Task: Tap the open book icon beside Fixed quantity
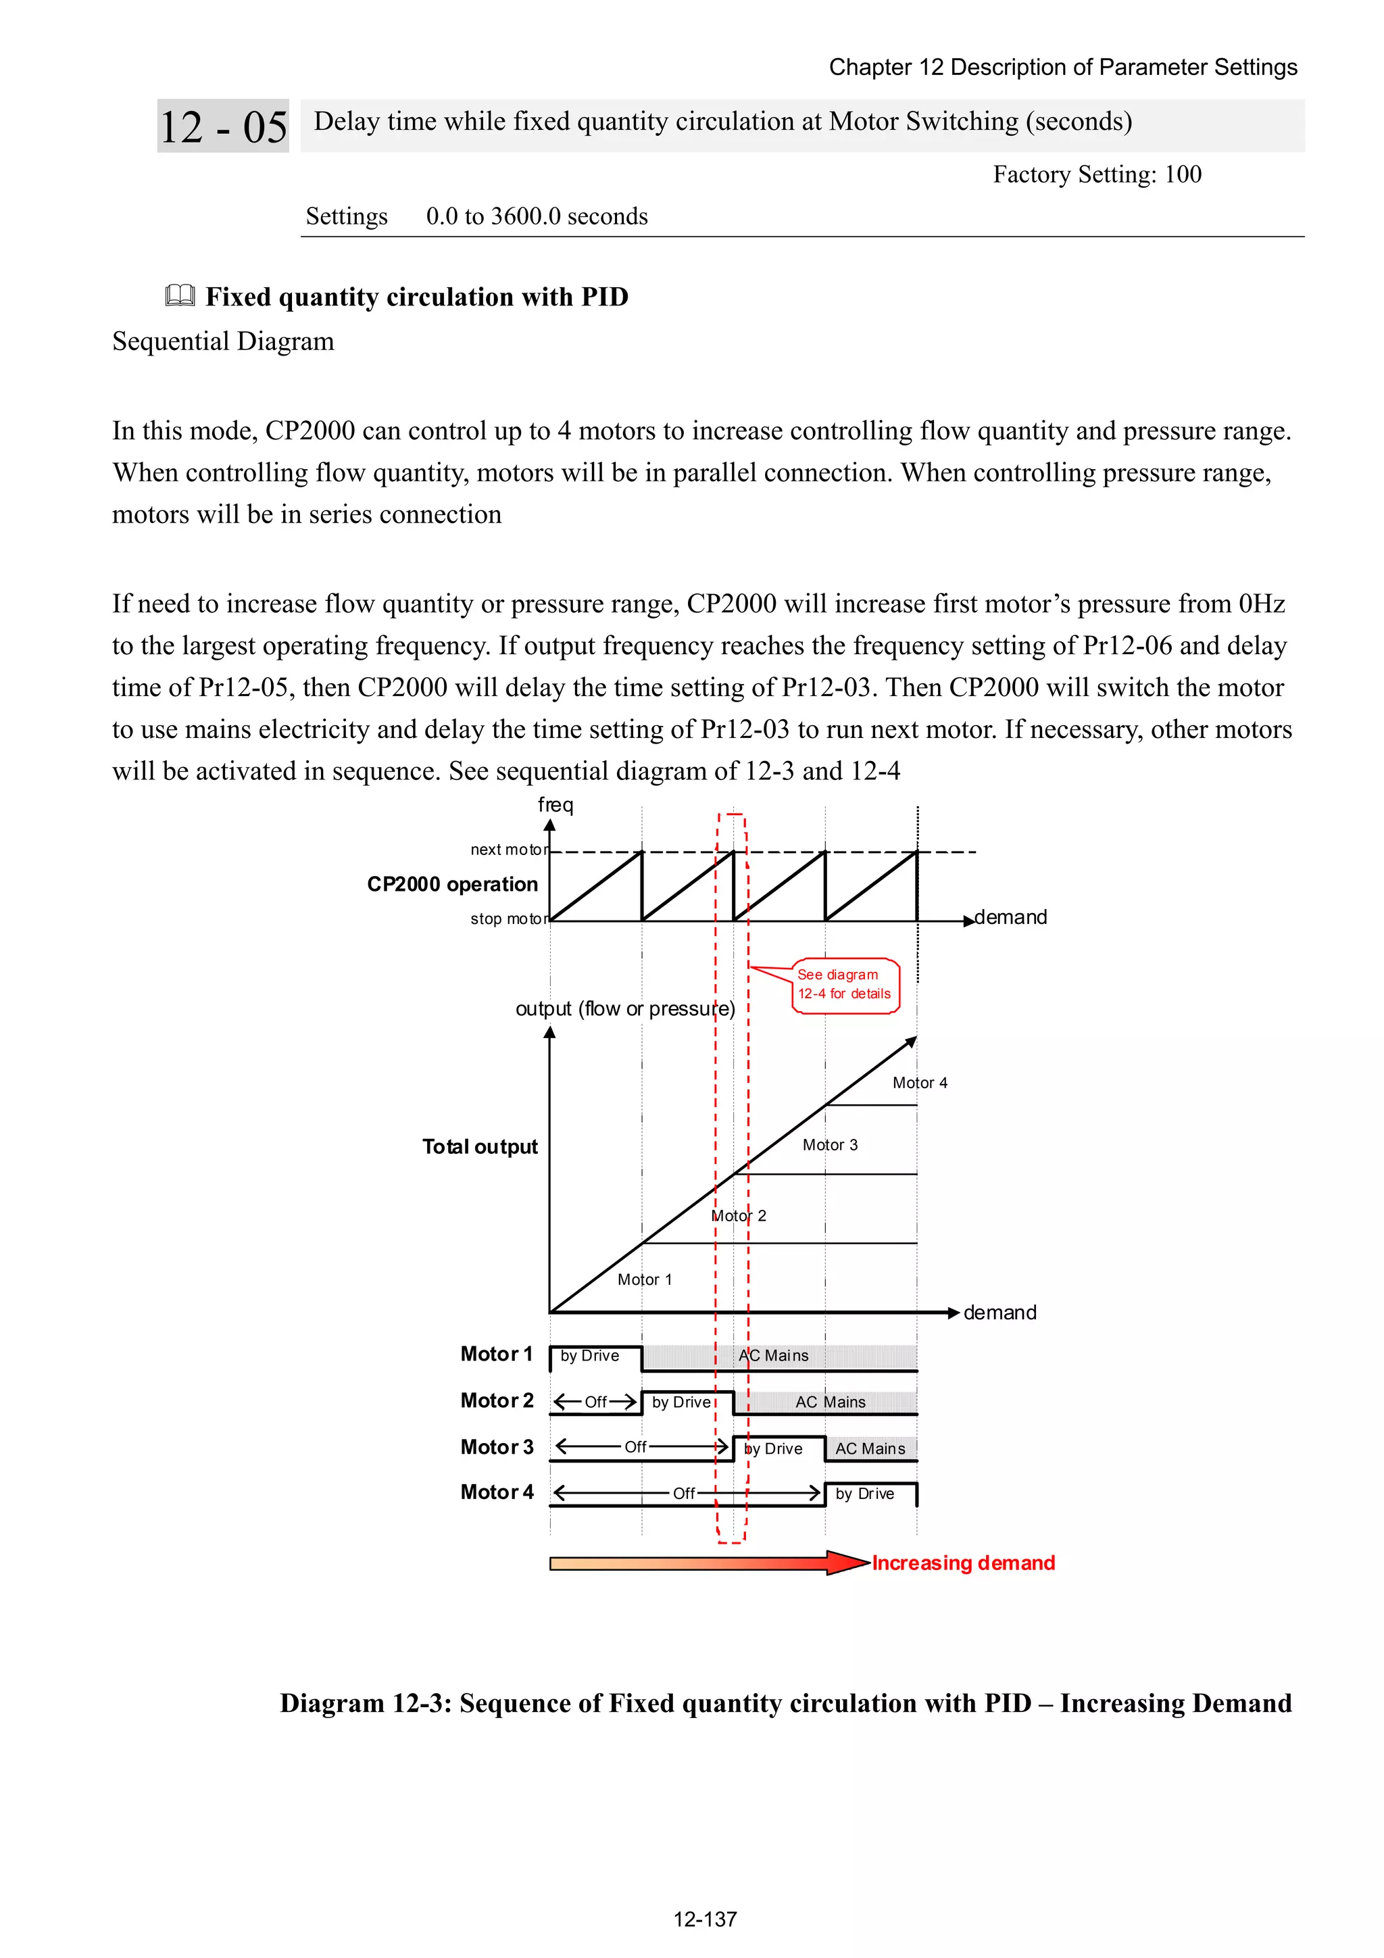click(180, 296)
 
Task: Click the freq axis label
click(555, 804)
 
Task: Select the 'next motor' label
click(509, 850)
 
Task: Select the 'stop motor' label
click(509, 919)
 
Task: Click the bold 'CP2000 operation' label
click(452, 884)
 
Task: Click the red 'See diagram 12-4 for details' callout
click(844, 985)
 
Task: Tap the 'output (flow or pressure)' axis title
click(625, 1009)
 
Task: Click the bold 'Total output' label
click(479, 1147)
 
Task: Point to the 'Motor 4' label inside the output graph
click(919, 1083)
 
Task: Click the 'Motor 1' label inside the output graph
click(645, 1279)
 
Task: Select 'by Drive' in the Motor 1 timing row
click(590, 1356)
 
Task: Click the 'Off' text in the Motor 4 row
click(684, 1493)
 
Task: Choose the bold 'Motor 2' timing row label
click(496, 1401)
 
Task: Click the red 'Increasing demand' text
click(963, 1563)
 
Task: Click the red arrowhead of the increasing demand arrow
click(849, 1563)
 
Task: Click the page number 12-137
click(704, 1919)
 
